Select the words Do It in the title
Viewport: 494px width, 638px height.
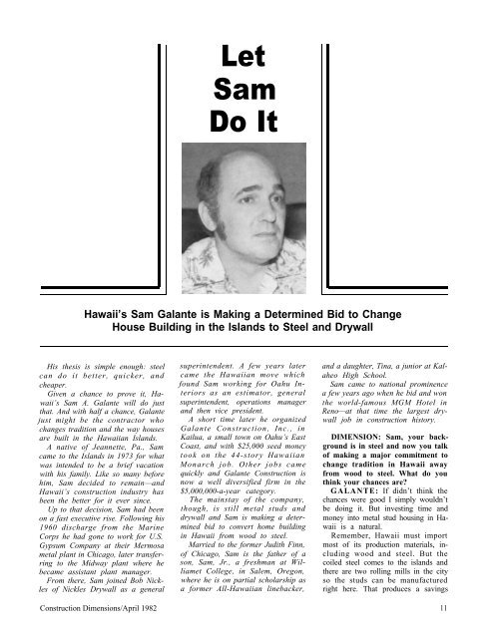tap(236, 129)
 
